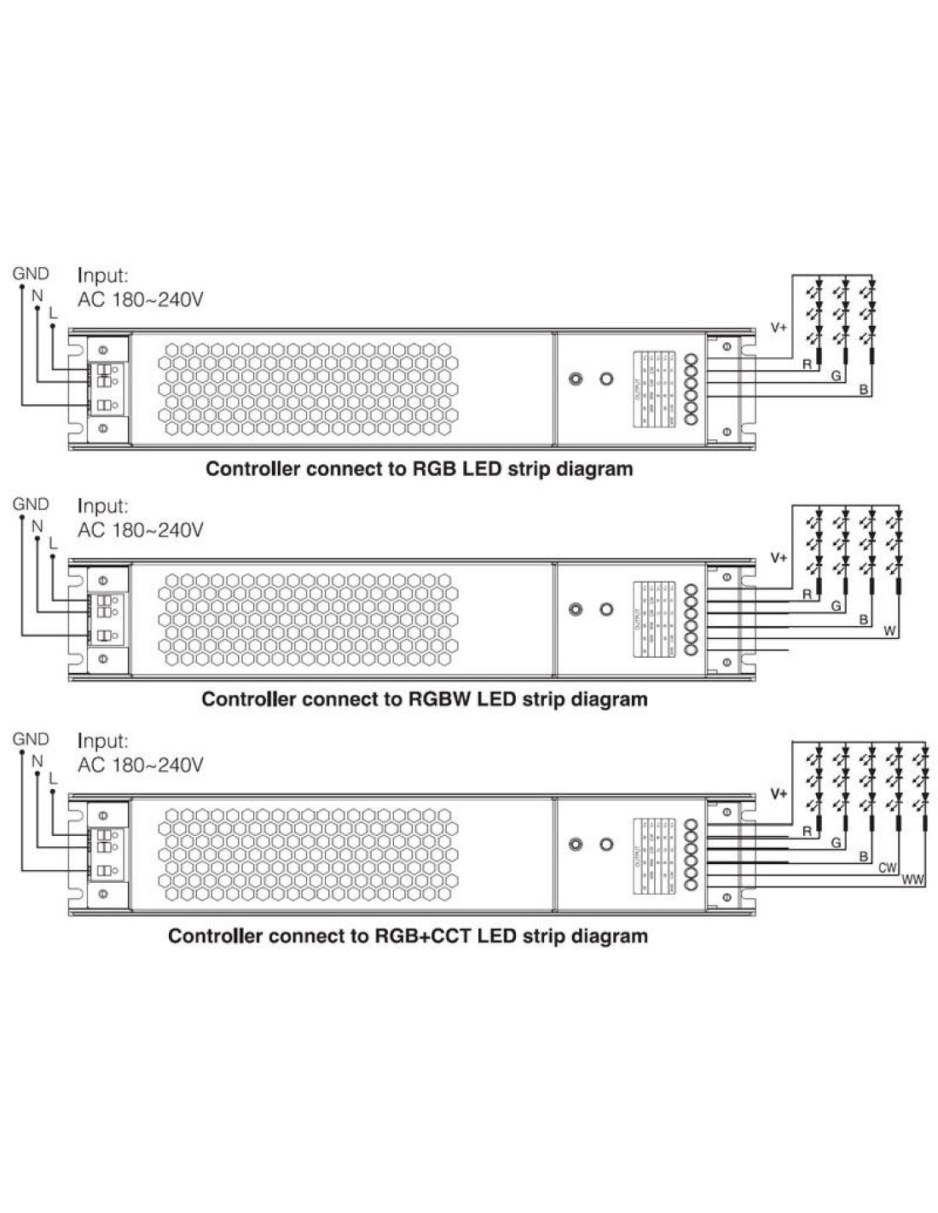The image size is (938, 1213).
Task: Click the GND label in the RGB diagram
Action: pyautogui.click(x=31, y=274)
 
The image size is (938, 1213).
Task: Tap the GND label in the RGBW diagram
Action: pyautogui.click(x=31, y=504)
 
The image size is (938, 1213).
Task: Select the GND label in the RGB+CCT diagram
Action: pyautogui.click(x=31, y=739)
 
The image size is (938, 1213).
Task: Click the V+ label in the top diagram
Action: pyautogui.click(x=779, y=327)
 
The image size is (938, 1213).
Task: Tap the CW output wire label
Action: pyautogui.click(x=888, y=868)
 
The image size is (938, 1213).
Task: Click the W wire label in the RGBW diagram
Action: pyautogui.click(x=889, y=632)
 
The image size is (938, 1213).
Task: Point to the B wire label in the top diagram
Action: pyautogui.click(x=864, y=390)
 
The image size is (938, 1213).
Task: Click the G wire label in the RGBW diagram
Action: pyautogui.click(x=837, y=606)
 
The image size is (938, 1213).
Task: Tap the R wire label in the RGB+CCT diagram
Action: pyautogui.click(x=807, y=832)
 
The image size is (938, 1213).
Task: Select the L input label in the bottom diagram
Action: pyautogui.click(x=52, y=778)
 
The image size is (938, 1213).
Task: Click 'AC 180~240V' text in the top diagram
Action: pyautogui.click(x=141, y=300)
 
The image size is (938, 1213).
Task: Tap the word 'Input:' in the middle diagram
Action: pyautogui.click(x=103, y=507)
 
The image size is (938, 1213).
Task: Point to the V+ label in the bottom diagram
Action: pyautogui.click(x=779, y=794)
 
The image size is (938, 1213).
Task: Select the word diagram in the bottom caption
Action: pyautogui.click(x=608, y=936)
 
